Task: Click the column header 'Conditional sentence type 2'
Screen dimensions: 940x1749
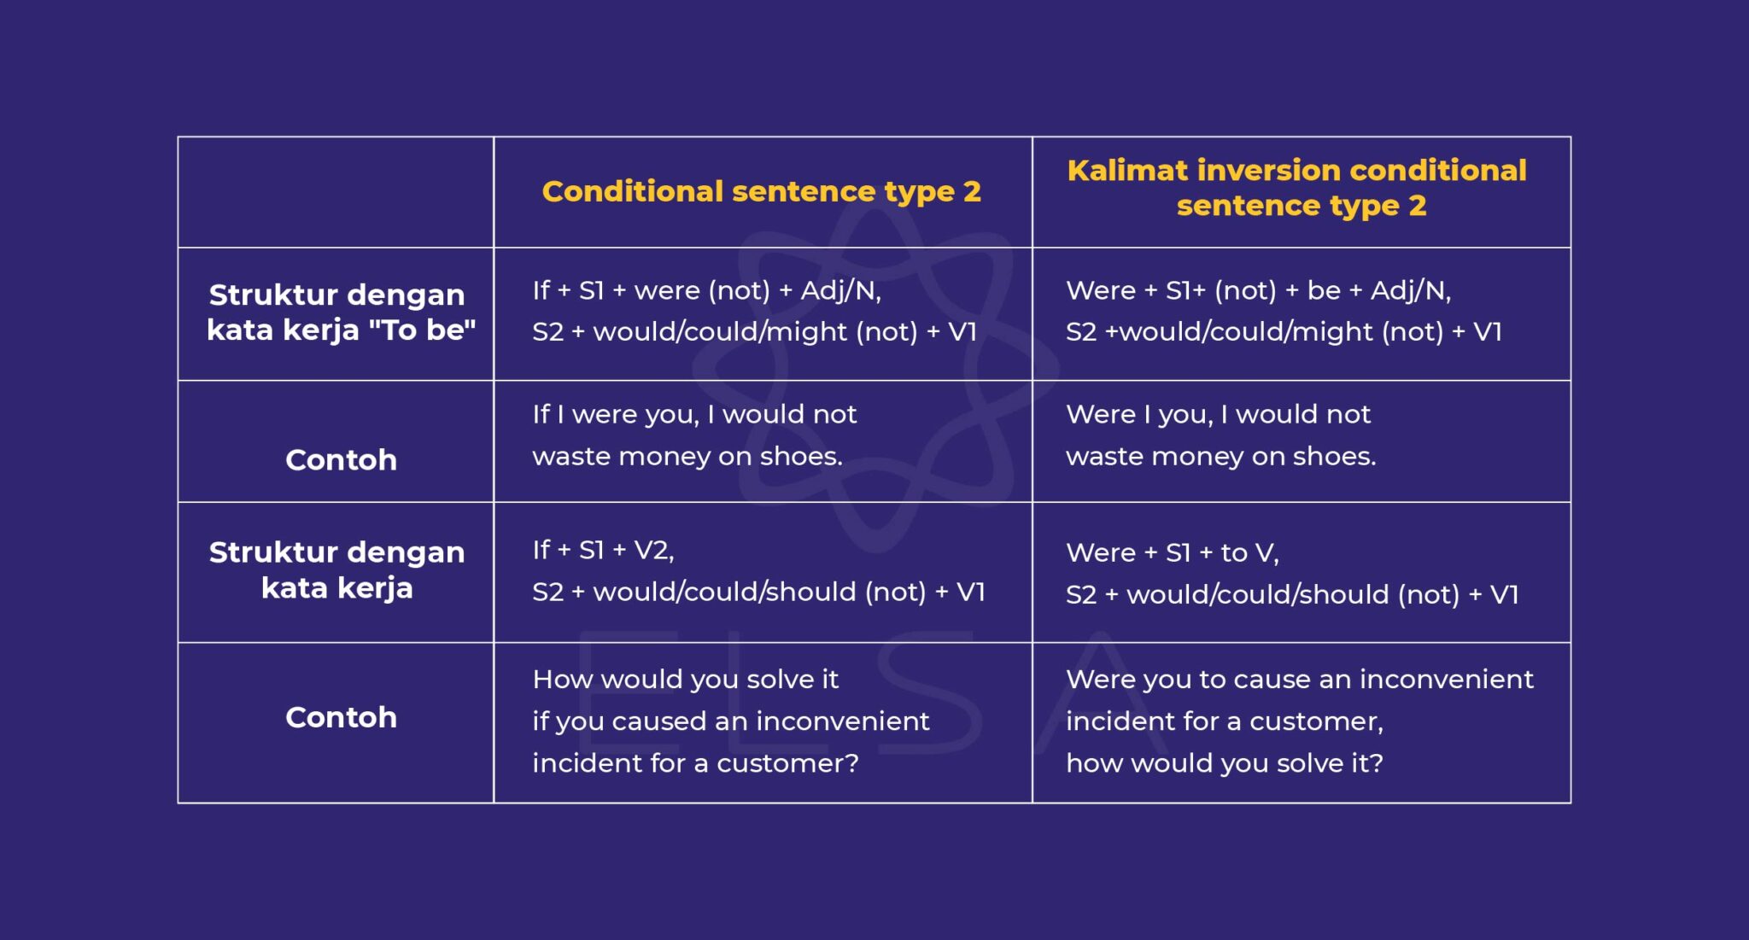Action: (761, 191)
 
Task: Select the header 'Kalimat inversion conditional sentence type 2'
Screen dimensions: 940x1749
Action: (1296, 188)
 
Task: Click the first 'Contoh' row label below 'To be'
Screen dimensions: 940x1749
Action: (341, 460)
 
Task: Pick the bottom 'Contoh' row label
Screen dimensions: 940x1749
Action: (341, 717)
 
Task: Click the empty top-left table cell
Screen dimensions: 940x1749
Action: (336, 192)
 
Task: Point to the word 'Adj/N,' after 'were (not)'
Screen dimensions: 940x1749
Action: (840, 291)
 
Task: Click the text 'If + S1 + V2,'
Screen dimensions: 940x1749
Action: (603, 550)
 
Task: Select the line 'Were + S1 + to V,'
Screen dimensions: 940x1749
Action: (1172, 553)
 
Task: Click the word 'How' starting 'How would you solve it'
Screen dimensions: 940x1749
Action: (562, 680)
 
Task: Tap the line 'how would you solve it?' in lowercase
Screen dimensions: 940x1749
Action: (1224, 763)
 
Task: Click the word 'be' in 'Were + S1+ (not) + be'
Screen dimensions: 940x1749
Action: (1323, 291)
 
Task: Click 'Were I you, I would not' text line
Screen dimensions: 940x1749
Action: (1218, 415)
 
